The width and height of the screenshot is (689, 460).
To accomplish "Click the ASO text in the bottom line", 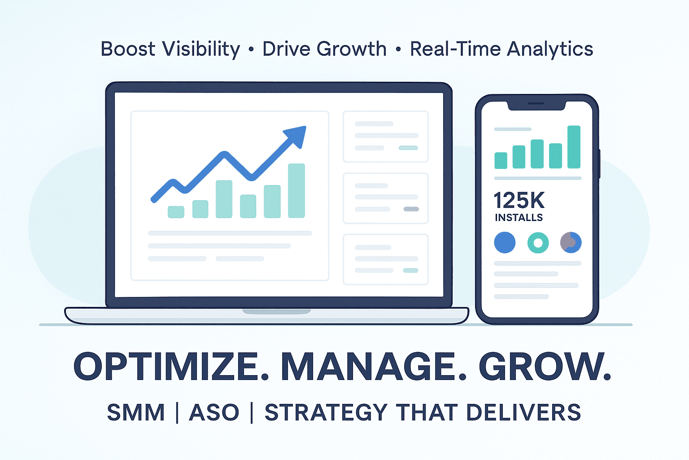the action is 214,412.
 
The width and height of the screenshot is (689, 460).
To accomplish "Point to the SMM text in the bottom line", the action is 136,412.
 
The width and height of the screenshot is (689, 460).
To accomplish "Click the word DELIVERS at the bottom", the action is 523,412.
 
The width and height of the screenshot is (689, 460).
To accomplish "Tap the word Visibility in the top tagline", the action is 201,49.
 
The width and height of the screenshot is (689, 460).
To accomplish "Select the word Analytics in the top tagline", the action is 550,49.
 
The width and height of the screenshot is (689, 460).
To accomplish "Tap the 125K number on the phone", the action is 519,200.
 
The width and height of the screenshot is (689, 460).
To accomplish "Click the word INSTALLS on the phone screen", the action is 519,217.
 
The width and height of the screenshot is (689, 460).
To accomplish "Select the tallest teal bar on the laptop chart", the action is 297,191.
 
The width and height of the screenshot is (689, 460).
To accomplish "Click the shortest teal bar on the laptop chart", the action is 176,212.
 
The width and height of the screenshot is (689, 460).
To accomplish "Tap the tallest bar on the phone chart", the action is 574,147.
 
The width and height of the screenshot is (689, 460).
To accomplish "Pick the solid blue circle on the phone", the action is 505,243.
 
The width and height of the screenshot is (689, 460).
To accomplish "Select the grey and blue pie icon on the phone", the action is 571,243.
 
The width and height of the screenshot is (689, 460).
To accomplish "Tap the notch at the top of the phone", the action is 536,106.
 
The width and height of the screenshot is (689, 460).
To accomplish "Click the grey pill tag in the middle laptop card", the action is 411,209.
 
